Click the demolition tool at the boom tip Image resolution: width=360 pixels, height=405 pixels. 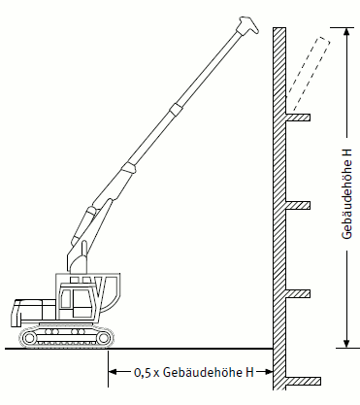(x=247, y=26)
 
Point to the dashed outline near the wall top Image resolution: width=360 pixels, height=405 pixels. (x=308, y=73)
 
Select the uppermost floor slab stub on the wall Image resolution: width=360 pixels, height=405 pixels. (x=298, y=118)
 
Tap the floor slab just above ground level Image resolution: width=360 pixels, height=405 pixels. (x=298, y=293)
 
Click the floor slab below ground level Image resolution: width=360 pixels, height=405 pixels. (x=303, y=381)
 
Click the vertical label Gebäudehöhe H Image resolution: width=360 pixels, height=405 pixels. (x=346, y=193)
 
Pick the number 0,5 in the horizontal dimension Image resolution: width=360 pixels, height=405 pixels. (x=143, y=372)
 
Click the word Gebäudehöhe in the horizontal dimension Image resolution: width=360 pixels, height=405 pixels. (x=204, y=372)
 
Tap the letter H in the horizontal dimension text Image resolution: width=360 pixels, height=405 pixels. (x=249, y=372)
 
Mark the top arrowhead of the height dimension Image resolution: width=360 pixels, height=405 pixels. (x=346, y=32)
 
